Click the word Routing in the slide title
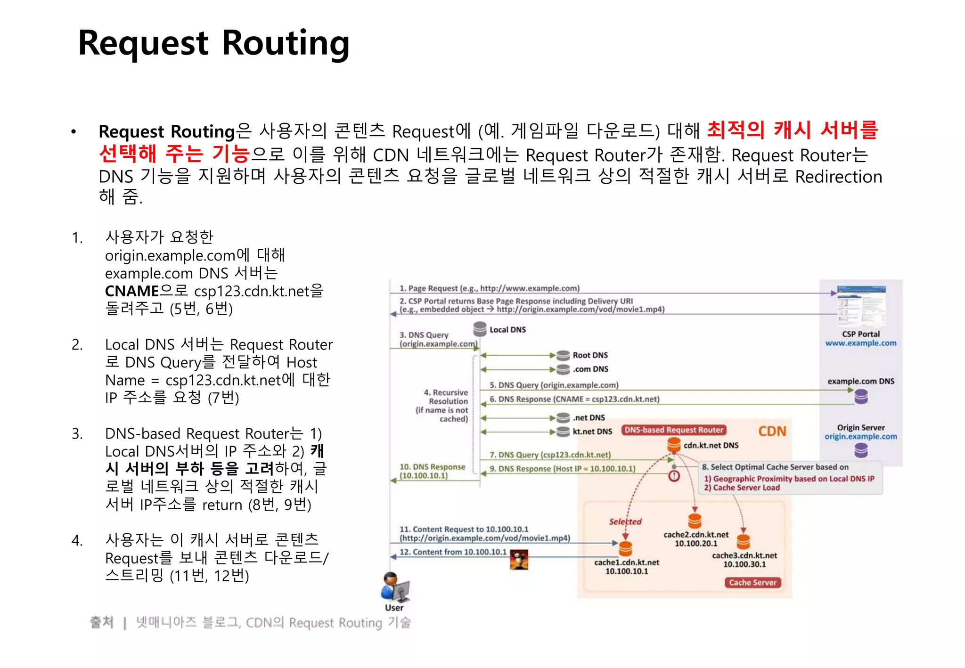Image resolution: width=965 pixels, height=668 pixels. pyautogui.click(x=286, y=44)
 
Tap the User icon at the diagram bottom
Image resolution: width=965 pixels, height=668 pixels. pyautogui.click(x=395, y=587)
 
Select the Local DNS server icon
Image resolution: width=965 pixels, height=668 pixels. pyautogui.click(x=480, y=328)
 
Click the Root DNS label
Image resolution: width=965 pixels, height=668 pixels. pyautogui.click(x=590, y=355)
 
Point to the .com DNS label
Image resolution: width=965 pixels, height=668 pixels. pyautogui.click(x=590, y=369)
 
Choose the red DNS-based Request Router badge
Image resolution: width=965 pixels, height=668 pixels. pyautogui.click(x=673, y=430)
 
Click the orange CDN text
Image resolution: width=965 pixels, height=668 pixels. pyautogui.click(x=772, y=431)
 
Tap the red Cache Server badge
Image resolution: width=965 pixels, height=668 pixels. pyautogui.click(x=752, y=583)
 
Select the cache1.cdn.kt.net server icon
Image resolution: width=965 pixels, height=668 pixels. pyautogui.click(x=625, y=549)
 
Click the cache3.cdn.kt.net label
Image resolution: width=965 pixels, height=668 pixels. pyautogui.click(x=744, y=555)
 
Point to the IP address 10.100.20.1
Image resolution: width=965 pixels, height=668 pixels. pyautogui.click(x=696, y=543)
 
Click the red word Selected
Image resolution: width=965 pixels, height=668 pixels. pyautogui.click(x=625, y=521)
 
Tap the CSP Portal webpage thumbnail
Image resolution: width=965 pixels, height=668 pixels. pyautogui.click(x=861, y=306)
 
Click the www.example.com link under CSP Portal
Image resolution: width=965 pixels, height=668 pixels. pyautogui.click(x=860, y=343)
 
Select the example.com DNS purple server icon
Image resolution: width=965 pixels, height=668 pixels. pyautogui.click(x=861, y=397)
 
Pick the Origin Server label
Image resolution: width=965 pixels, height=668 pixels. pyautogui.click(x=860, y=427)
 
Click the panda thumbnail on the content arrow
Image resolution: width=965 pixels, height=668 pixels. pyautogui.click(x=519, y=560)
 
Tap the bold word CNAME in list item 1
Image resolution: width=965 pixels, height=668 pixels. pyautogui.click(x=132, y=291)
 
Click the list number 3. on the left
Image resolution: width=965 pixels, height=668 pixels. pyautogui.click(x=77, y=433)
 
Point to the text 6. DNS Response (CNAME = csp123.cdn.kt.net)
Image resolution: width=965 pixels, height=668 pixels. pyautogui.click(x=574, y=399)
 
